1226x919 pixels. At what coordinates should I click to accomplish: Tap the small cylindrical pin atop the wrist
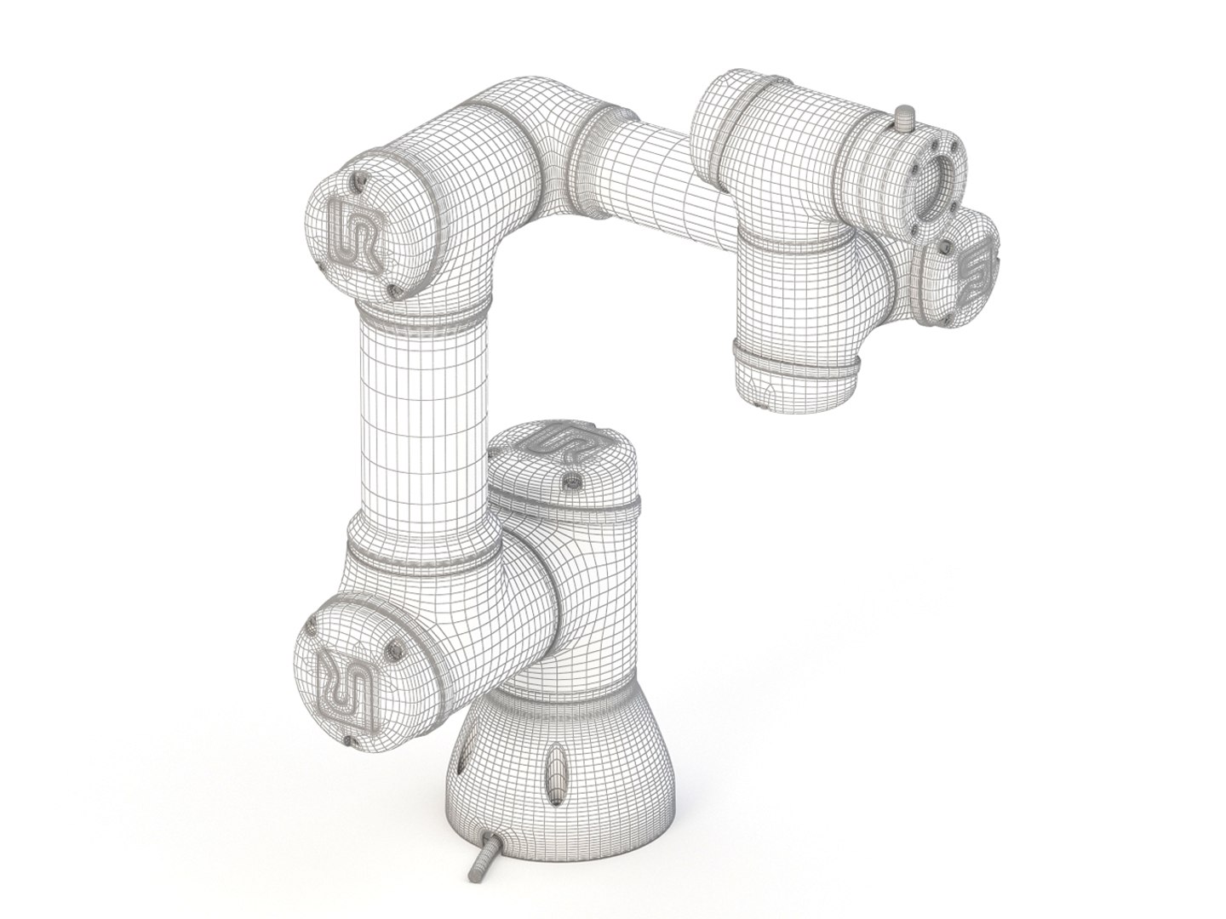[905, 117]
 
